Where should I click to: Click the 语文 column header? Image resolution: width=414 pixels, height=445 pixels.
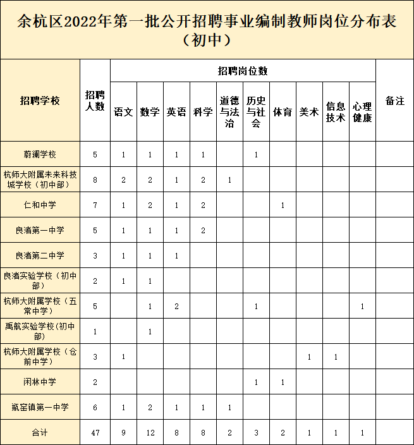123,112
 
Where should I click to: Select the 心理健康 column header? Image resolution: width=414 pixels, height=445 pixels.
362,112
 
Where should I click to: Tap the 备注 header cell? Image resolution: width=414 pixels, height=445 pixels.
394,101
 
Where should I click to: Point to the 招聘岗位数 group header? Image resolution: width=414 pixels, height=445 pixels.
243,71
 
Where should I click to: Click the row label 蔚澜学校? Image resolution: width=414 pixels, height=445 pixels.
40,154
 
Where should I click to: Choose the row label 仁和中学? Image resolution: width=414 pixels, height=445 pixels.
40,205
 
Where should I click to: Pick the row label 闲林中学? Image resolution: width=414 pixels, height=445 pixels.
40,382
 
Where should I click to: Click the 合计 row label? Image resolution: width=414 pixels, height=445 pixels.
40,433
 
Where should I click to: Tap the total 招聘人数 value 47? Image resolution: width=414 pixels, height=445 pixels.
95,433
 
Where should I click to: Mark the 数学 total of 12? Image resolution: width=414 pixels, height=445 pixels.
150,433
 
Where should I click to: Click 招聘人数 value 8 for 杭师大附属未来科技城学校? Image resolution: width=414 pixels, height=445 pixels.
95,180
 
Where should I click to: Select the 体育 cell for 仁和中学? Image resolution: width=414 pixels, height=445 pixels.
283,205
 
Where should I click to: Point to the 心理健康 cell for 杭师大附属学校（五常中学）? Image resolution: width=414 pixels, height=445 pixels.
362,306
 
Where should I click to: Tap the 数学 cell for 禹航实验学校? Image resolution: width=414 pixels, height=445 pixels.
150,331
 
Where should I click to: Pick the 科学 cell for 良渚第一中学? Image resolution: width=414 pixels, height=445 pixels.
203,230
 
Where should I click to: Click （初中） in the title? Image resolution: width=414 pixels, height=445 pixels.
207,41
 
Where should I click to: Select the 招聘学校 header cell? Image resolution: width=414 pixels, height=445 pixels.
40,101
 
